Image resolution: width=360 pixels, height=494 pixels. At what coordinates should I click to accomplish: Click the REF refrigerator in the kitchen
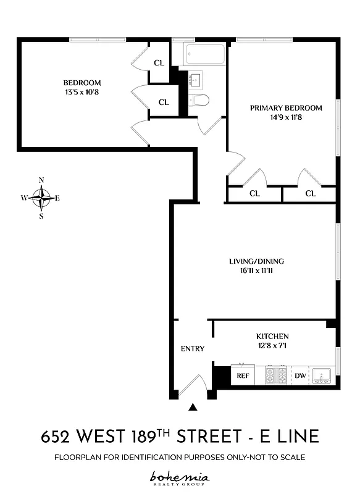pos(243,375)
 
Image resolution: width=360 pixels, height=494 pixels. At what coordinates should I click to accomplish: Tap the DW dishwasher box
pos(299,375)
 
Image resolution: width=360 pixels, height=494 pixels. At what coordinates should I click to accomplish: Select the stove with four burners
pos(276,375)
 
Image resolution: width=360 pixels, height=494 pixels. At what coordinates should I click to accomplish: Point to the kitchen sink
pos(322,375)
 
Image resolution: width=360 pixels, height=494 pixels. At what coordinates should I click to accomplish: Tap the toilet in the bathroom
pos(201,100)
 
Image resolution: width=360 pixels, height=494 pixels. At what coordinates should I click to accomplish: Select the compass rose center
pos(41,198)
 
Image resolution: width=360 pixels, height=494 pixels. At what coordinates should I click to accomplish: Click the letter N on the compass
pos(41,180)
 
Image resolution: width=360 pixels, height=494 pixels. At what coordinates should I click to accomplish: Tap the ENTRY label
pos(192,348)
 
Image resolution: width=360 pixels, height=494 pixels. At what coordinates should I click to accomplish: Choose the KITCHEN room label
pos(272,337)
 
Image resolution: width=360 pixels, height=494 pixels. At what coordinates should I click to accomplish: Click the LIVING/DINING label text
pos(256,261)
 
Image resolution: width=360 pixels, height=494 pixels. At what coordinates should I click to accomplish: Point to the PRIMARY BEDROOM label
pos(286,108)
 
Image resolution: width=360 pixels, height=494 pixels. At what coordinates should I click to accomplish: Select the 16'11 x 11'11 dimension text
pos(256,270)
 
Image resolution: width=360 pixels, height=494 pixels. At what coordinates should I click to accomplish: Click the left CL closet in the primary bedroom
pos(254,193)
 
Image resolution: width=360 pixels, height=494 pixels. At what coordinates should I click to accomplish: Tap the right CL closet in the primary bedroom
pos(310,193)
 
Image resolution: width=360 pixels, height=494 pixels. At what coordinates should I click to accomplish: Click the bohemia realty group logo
pos(180,477)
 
